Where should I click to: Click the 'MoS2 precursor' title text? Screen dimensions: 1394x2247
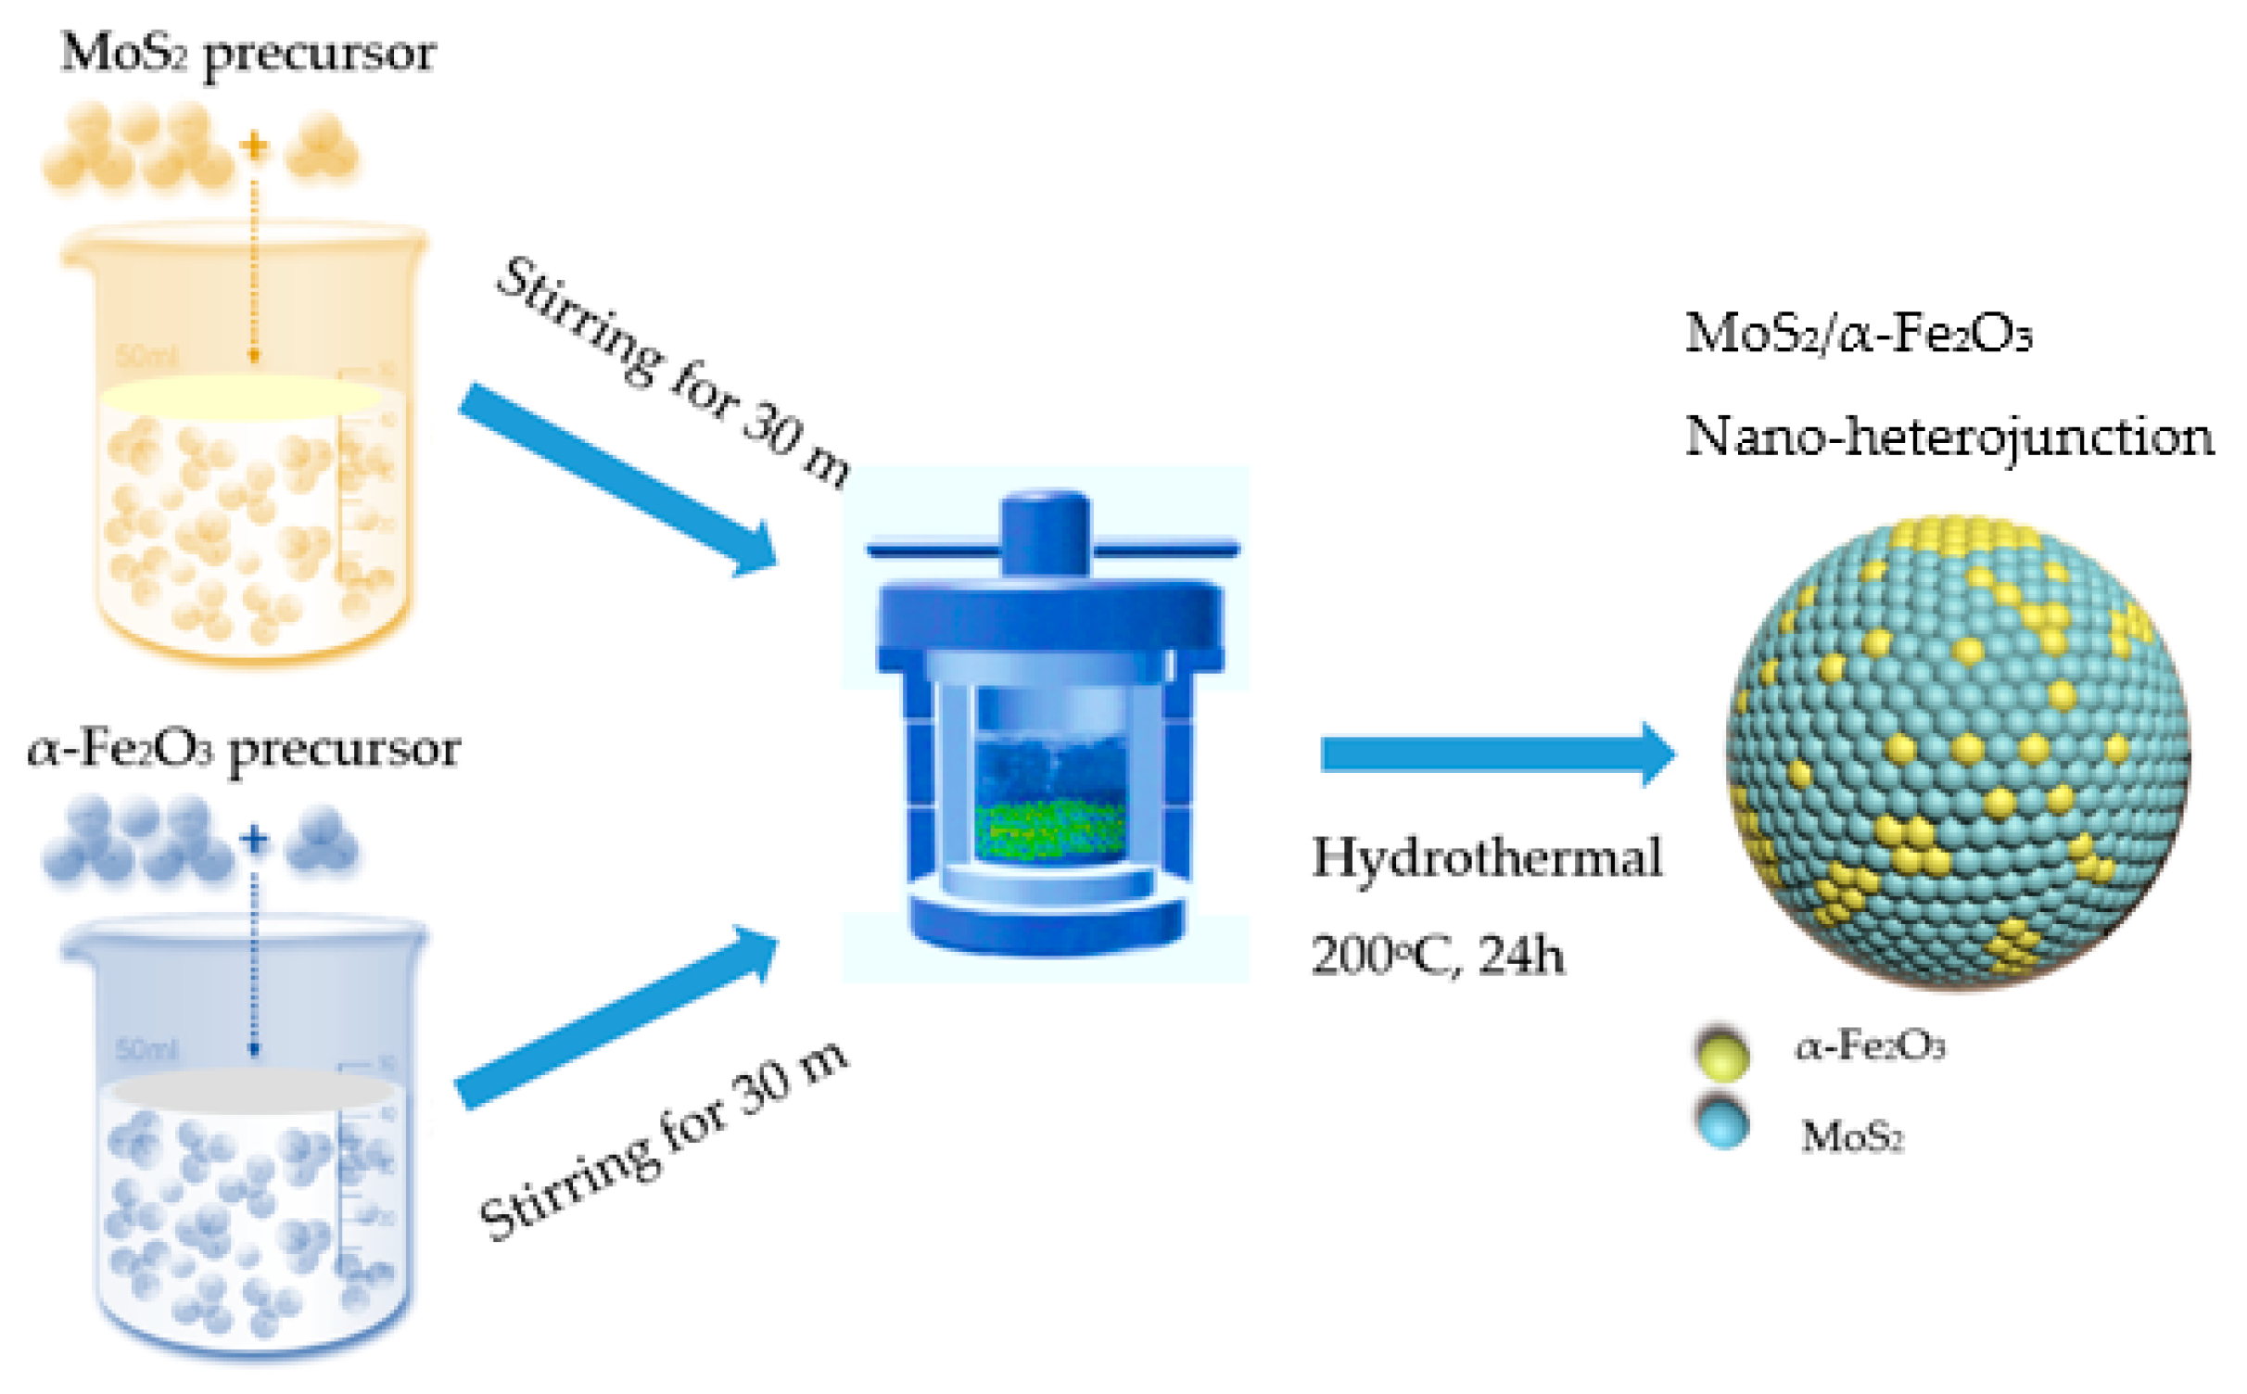pos(248,53)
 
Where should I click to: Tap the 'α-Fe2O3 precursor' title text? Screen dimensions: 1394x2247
pos(244,749)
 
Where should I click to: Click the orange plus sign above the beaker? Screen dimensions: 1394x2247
pos(253,146)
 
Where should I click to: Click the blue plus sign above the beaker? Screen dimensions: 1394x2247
pos(253,840)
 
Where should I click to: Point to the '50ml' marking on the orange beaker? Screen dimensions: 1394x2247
pos(146,356)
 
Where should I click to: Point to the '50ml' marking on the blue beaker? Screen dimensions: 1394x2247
pos(146,1049)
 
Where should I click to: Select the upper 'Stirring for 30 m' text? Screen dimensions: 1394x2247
pos(672,372)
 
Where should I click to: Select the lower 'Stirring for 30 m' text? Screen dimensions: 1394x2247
pos(664,1142)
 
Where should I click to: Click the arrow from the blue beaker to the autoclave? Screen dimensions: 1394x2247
pos(616,1020)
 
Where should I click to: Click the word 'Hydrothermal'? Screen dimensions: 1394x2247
pos(1486,857)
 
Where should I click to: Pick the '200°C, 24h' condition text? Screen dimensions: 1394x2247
pos(1437,955)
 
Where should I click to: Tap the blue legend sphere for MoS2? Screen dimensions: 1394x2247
pos(1722,1122)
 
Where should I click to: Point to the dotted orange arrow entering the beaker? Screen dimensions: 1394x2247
pos(254,269)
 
